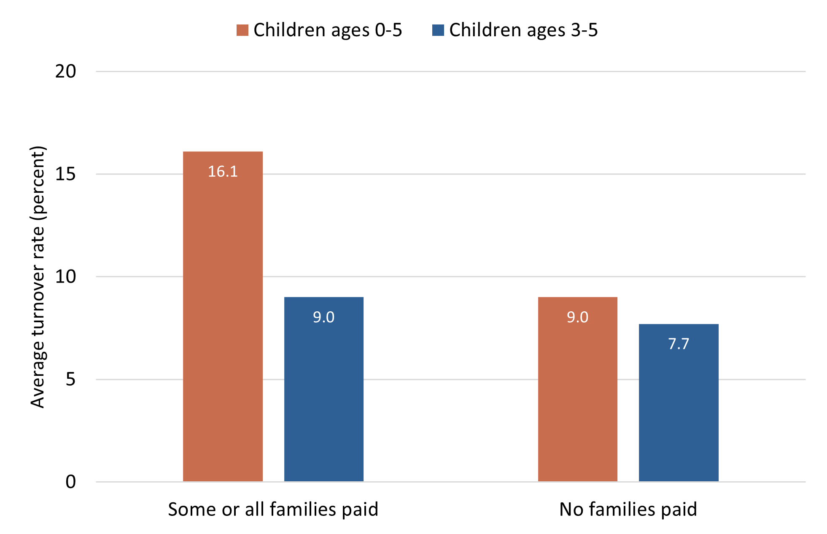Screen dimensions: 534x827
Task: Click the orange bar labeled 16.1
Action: (x=223, y=316)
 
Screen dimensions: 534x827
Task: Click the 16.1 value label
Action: (x=223, y=172)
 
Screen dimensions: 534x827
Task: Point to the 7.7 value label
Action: (x=679, y=344)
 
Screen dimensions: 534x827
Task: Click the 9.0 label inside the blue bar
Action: (x=323, y=317)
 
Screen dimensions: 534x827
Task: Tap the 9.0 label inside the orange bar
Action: (x=577, y=317)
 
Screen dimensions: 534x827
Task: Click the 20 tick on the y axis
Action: (x=65, y=71)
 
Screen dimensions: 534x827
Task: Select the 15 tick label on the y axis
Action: (x=65, y=174)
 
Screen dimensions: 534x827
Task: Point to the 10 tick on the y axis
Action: (x=65, y=277)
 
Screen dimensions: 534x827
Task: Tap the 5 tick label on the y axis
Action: (x=70, y=379)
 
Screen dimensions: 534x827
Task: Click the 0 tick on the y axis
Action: (x=70, y=482)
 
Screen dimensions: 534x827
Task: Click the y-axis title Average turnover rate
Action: (x=38, y=277)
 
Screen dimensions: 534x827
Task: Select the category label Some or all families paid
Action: (x=273, y=510)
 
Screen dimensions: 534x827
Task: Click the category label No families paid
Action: (x=628, y=510)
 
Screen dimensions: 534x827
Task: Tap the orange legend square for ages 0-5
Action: (x=242, y=30)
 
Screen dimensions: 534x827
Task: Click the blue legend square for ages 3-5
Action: (x=438, y=30)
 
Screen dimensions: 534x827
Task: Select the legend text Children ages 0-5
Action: (x=328, y=30)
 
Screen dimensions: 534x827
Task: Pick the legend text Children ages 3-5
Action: (x=523, y=30)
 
